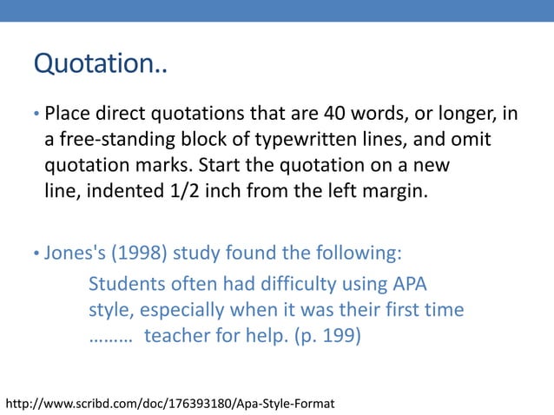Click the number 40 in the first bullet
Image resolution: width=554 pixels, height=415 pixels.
[337, 113]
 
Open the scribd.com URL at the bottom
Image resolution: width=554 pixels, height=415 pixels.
[170, 403]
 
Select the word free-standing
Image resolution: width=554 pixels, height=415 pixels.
[112, 139]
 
